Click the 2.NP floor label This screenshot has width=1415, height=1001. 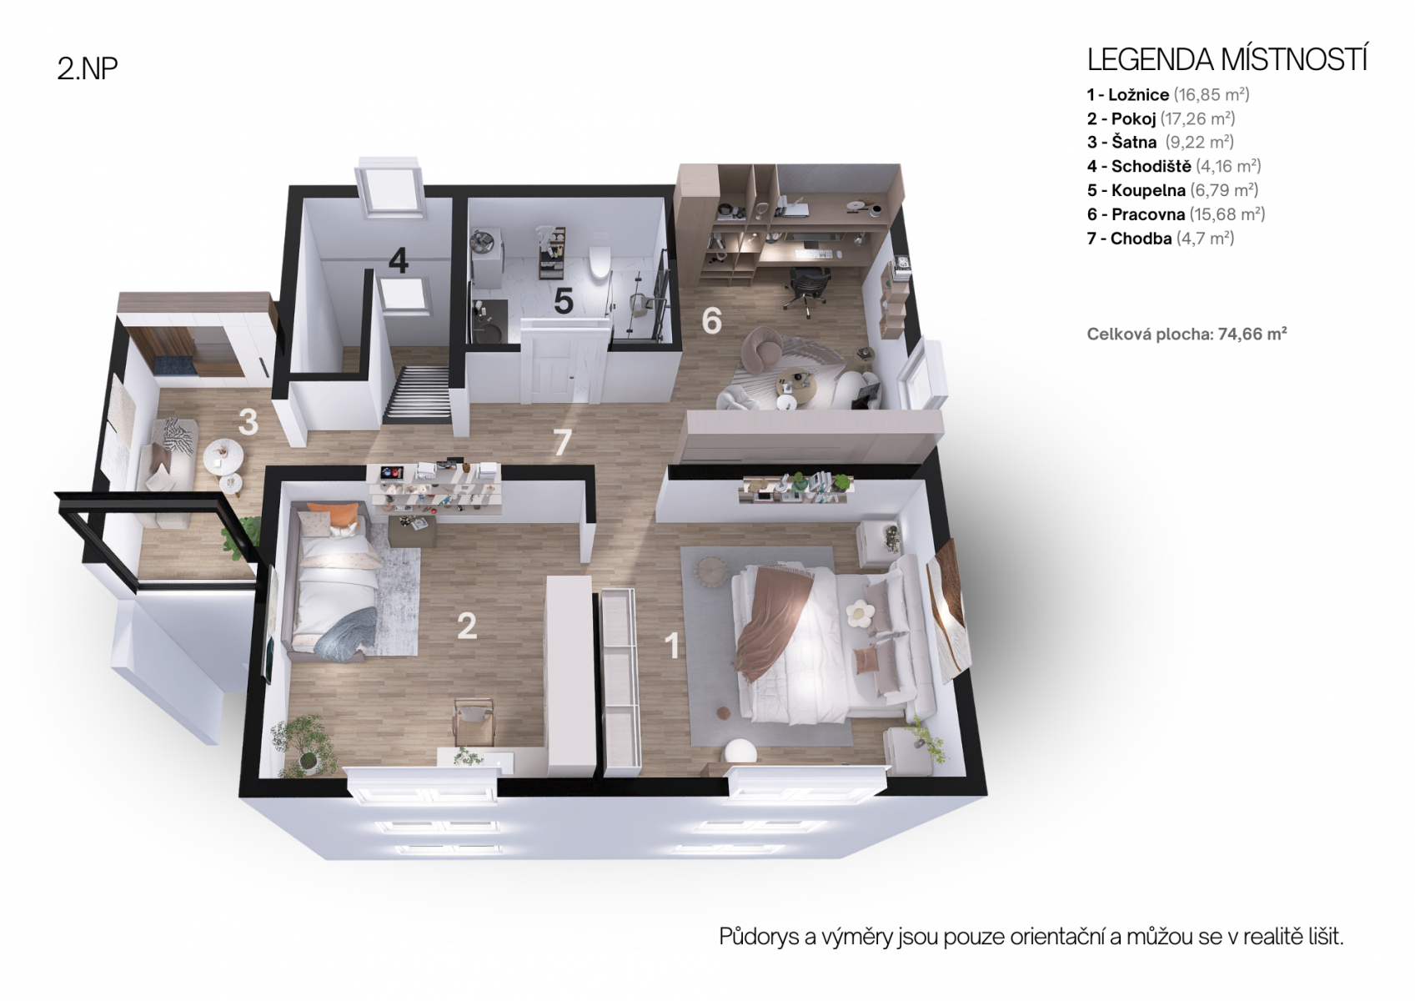pos(88,69)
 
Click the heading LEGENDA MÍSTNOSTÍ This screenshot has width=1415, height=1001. pos(1227,59)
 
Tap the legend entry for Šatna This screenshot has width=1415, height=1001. pos(1158,142)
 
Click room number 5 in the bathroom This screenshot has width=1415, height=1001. pos(564,301)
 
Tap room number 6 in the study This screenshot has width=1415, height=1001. pos(712,320)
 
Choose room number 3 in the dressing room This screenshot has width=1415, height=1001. pos(248,422)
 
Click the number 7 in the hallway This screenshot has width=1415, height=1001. pos(562,442)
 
